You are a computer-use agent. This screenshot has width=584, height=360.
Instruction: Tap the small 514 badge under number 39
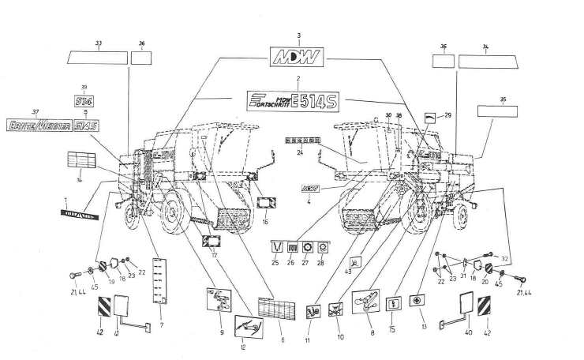click(x=84, y=101)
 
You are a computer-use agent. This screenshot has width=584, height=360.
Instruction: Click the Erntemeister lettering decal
click(x=37, y=126)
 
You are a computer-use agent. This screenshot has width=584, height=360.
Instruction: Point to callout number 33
click(x=99, y=43)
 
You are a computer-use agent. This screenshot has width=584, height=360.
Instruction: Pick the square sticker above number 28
click(x=320, y=246)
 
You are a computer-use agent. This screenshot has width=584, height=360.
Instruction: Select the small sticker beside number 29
click(x=429, y=115)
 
